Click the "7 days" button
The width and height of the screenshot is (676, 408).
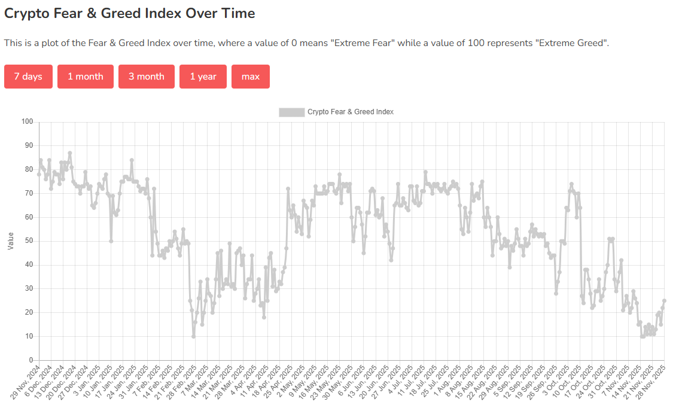tap(28, 77)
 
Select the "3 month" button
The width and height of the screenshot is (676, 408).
tap(146, 77)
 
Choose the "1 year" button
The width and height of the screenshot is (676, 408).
tap(203, 77)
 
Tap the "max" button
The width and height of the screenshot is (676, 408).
tap(250, 77)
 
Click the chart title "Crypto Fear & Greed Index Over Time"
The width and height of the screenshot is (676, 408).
tap(130, 13)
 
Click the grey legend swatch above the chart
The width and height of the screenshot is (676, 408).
tap(291, 112)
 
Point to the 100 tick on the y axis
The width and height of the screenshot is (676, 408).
tap(27, 122)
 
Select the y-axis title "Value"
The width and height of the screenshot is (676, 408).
tap(11, 241)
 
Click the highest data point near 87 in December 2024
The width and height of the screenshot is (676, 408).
tap(70, 153)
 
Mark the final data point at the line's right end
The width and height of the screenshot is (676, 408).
tap(664, 301)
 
